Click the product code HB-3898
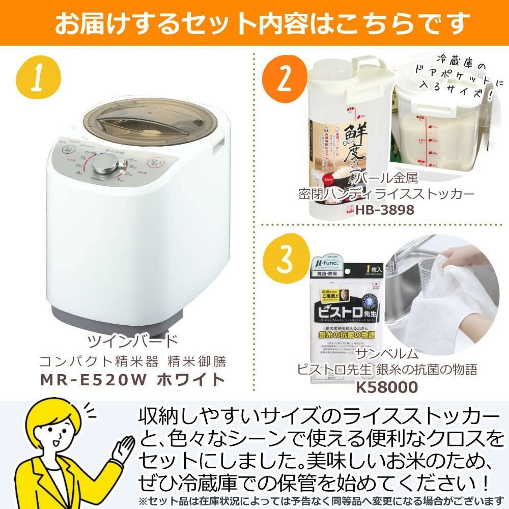pos(386,210)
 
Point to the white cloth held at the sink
pos(448,300)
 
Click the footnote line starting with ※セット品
pos(321,500)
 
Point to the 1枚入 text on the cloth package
pos(365,267)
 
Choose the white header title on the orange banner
pos(254,23)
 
